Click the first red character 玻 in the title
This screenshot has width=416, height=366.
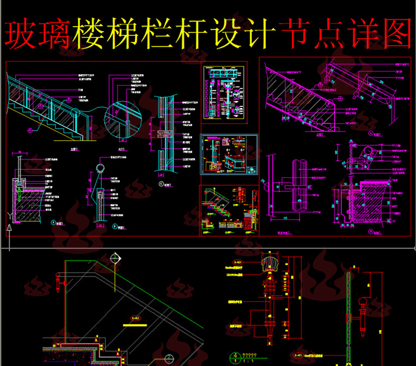click(x=21, y=34)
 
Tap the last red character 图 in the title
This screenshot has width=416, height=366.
click(x=395, y=34)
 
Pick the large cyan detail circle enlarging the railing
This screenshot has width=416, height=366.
click(x=124, y=119)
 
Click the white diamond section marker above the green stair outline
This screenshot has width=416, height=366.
click(x=115, y=259)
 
